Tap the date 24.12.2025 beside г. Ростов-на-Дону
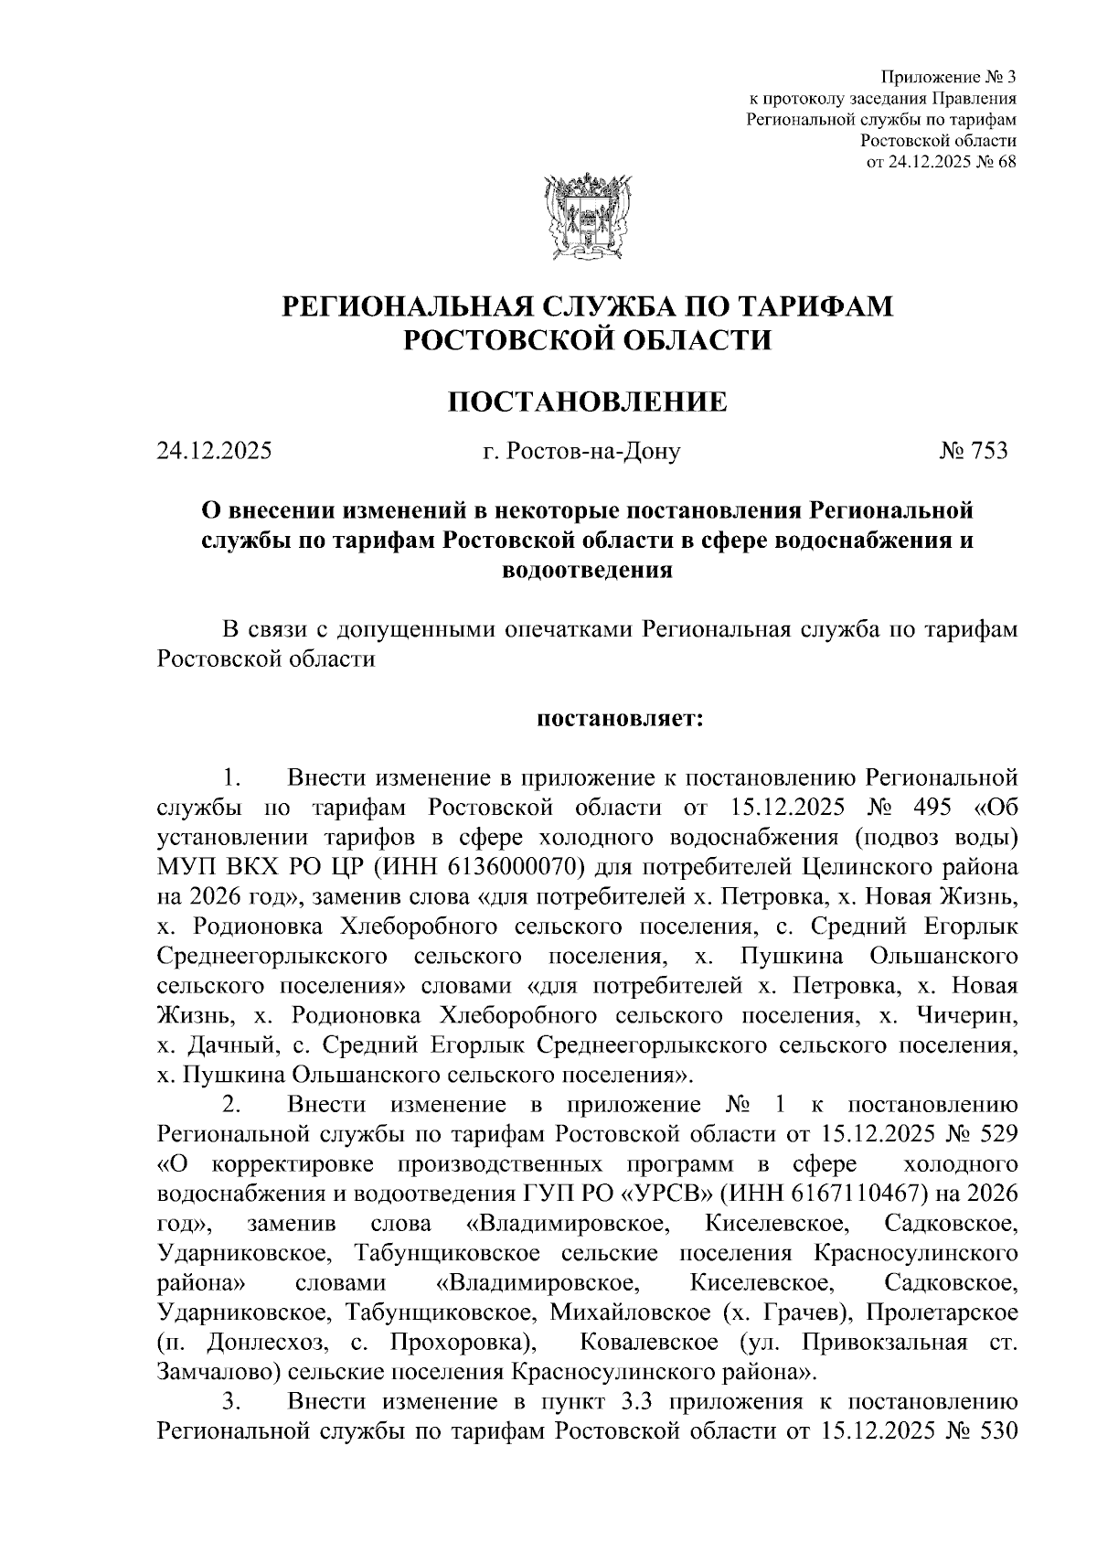click(x=214, y=451)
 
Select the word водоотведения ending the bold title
click(x=588, y=570)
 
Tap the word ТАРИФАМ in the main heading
click(x=804, y=305)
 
